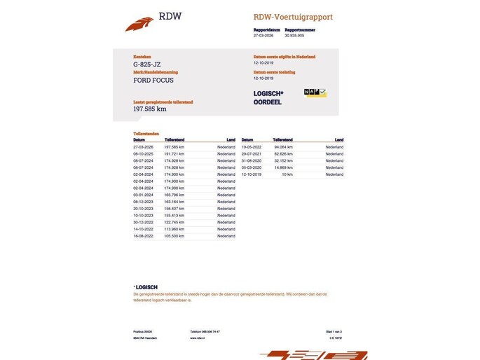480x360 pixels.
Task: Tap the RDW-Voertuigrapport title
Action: coord(293,17)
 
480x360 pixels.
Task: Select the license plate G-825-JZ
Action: coord(147,64)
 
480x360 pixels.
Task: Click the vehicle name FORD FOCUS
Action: coord(153,81)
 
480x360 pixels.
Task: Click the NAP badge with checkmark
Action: coord(315,92)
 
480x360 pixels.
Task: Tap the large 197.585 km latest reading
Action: coord(150,109)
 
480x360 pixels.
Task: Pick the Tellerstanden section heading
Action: coord(146,133)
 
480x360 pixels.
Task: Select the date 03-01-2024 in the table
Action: coord(143,195)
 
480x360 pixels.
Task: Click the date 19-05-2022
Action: coord(252,147)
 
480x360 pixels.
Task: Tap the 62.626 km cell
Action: coord(282,154)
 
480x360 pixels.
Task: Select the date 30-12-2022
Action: coord(143,223)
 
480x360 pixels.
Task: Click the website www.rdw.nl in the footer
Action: coord(197,338)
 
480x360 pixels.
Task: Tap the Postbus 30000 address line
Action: coord(142,331)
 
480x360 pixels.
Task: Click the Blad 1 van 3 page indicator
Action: coord(334,331)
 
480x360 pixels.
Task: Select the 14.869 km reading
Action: coord(282,167)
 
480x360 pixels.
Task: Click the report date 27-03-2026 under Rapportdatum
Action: coord(263,35)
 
